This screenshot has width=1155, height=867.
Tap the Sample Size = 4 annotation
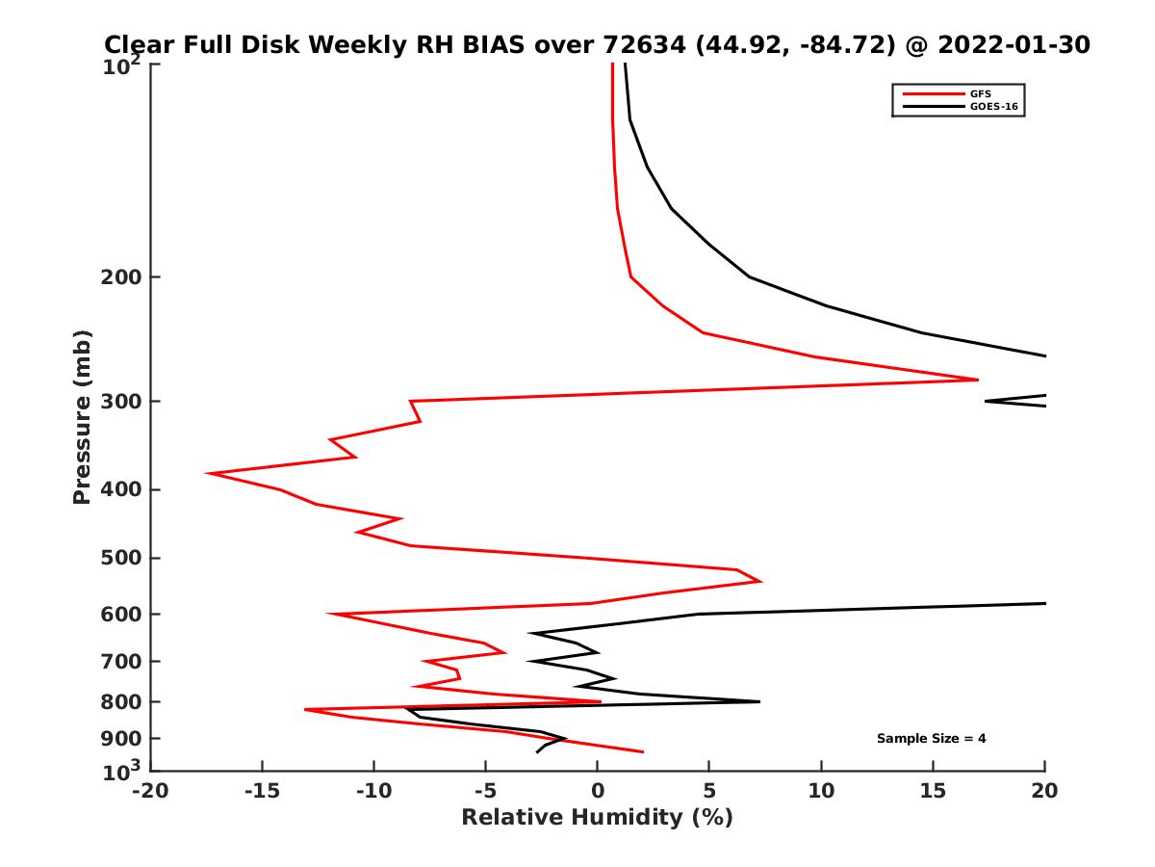coord(931,739)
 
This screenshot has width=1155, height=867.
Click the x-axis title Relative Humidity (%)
coord(597,818)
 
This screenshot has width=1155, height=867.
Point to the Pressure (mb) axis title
coord(82,417)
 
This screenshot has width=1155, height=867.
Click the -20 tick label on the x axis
coord(150,792)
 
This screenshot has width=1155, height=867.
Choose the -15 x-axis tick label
coord(262,792)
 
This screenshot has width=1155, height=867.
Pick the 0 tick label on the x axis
coord(598,792)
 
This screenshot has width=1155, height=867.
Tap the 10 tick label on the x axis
coord(821,792)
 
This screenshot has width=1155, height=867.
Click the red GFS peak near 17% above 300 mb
coord(977,380)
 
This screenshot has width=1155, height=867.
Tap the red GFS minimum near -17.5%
coord(208,473)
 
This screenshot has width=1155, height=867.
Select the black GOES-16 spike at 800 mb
coord(758,701)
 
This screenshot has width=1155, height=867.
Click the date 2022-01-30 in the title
coord(1014,44)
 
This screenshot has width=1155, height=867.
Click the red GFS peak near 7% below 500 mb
coord(761,581)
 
